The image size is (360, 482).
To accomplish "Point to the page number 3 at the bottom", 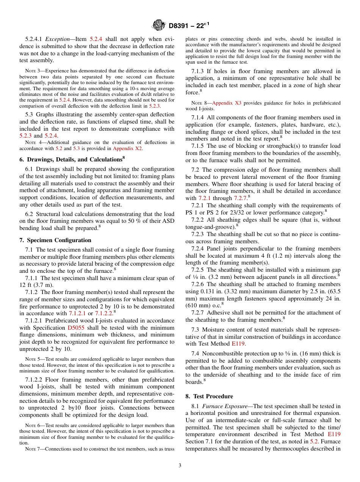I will click(180, 466).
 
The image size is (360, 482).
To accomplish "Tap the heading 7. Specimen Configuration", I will click(55, 240).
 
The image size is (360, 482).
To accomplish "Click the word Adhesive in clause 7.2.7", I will click(218, 313).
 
